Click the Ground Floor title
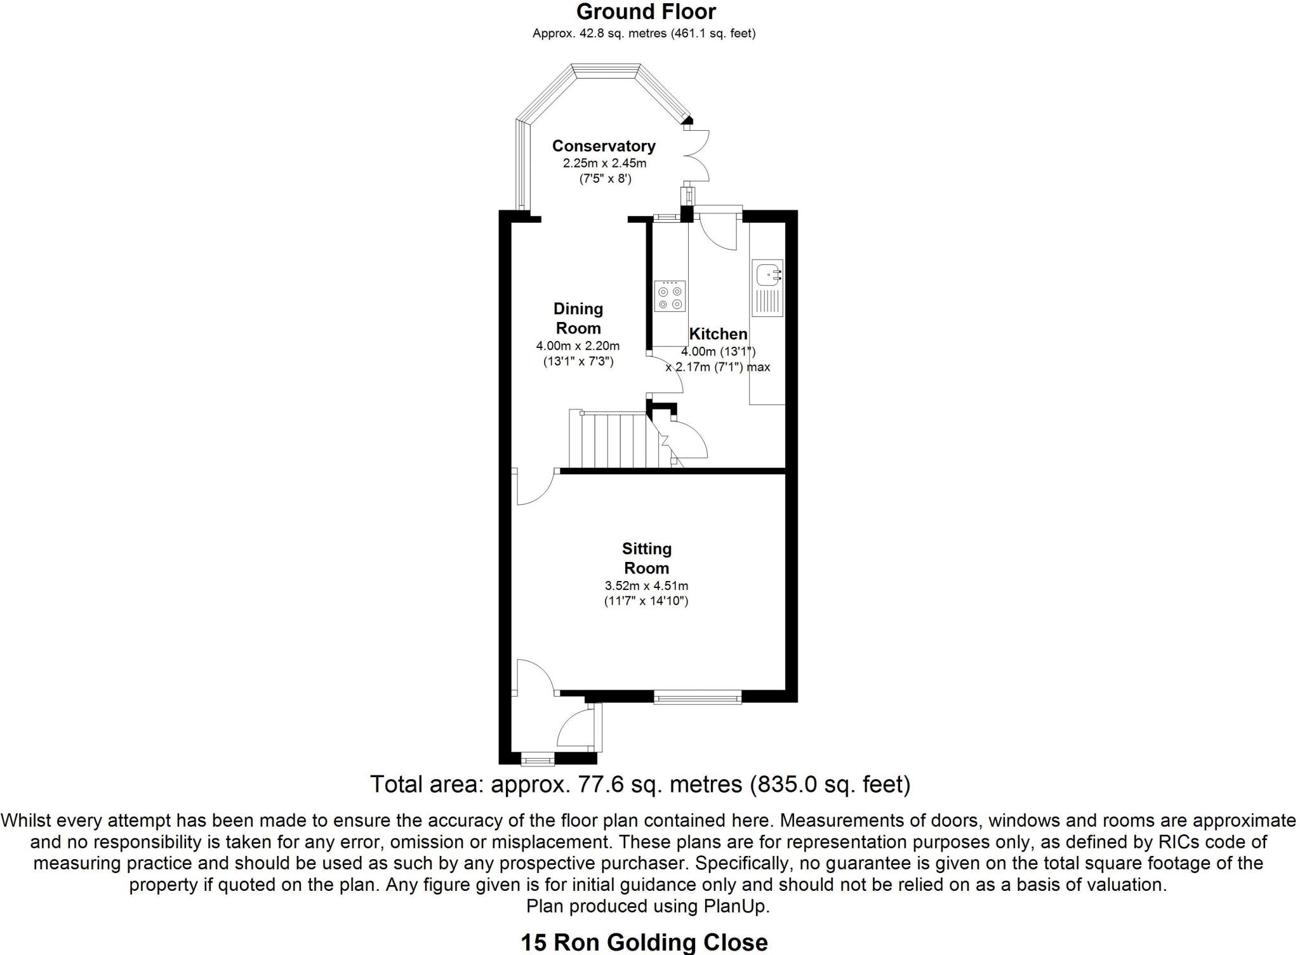pyautogui.click(x=646, y=11)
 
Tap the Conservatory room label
pyautogui.click(x=603, y=146)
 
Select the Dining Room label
pyautogui.click(x=578, y=319)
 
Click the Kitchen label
pyautogui.click(x=718, y=334)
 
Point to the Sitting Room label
pyautogui.click(x=646, y=558)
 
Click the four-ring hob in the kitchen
pyautogui.click(x=670, y=297)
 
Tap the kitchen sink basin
pyautogui.click(x=766, y=274)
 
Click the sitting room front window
pyautogui.click(x=698, y=698)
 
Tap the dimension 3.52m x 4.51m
pyautogui.click(x=646, y=586)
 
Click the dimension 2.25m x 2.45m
pyautogui.click(x=604, y=163)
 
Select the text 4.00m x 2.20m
pyautogui.click(x=578, y=346)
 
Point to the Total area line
pyautogui.click(x=640, y=784)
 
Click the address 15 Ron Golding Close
pyautogui.click(x=644, y=942)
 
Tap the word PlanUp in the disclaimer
pyautogui.click(x=736, y=906)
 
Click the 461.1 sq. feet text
pyautogui.click(x=714, y=33)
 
